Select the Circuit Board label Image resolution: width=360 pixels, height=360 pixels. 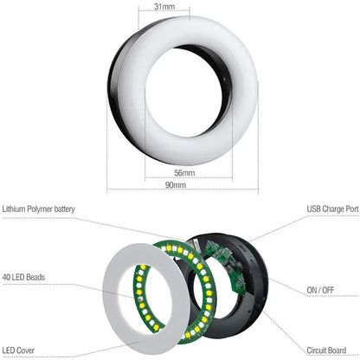tap(334, 350)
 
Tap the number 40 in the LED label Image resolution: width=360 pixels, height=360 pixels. tap(7, 278)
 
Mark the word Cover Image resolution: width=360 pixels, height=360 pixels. tap(29, 350)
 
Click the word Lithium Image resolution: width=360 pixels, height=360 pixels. tap(15, 209)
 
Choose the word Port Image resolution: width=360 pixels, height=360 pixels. tap(350, 209)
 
